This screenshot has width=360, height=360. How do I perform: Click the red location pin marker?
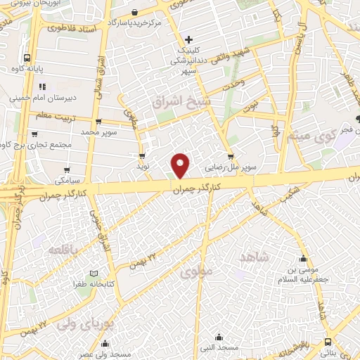(x=181, y=165)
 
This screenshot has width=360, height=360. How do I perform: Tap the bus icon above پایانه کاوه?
(x=26, y=58)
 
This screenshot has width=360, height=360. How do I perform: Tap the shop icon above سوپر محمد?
(x=98, y=121)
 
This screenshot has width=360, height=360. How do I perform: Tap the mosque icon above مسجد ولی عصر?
(x=105, y=343)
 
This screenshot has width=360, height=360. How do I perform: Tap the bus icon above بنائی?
(x=328, y=342)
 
